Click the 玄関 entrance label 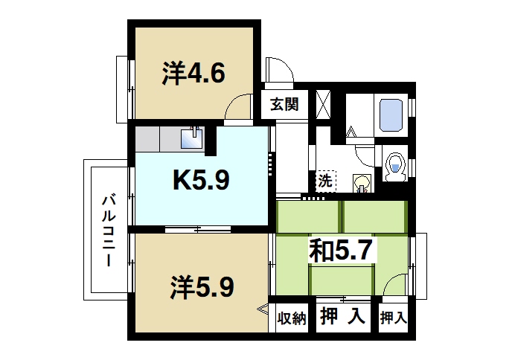283,105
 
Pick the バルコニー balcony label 109,230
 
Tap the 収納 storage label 292,318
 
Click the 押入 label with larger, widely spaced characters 342,318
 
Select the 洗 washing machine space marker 324,180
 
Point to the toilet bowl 396,164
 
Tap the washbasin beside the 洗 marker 362,182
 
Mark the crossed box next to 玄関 324,103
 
